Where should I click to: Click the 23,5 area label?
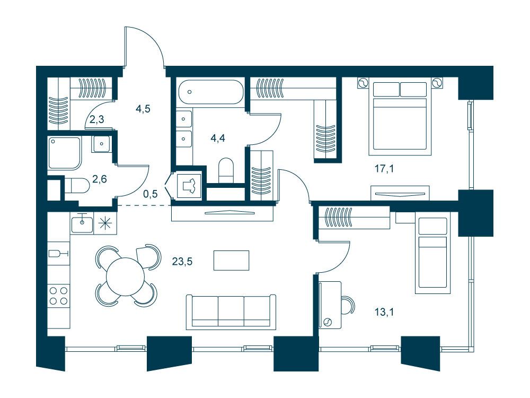[x=182, y=261]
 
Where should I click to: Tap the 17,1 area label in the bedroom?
[x=384, y=168]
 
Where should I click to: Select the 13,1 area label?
[x=384, y=312]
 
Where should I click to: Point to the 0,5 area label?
[x=151, y=194]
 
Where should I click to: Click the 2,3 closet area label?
[x=96, y=119]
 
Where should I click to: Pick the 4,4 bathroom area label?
[x=218, y=138]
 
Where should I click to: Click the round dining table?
[x=126, y=276]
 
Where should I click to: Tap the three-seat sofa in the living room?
[x=231, y=312]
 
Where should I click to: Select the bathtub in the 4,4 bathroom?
[x=210, y=92]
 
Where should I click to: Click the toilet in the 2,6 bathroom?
[x=76, y=185]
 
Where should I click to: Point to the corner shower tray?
[x=65, y=153]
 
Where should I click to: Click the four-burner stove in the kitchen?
[x=58, y=296]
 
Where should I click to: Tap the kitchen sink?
[x=82, y=224]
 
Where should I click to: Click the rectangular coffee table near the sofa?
[x=232, y=260]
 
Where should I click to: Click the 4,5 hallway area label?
[x=143, y=109]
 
